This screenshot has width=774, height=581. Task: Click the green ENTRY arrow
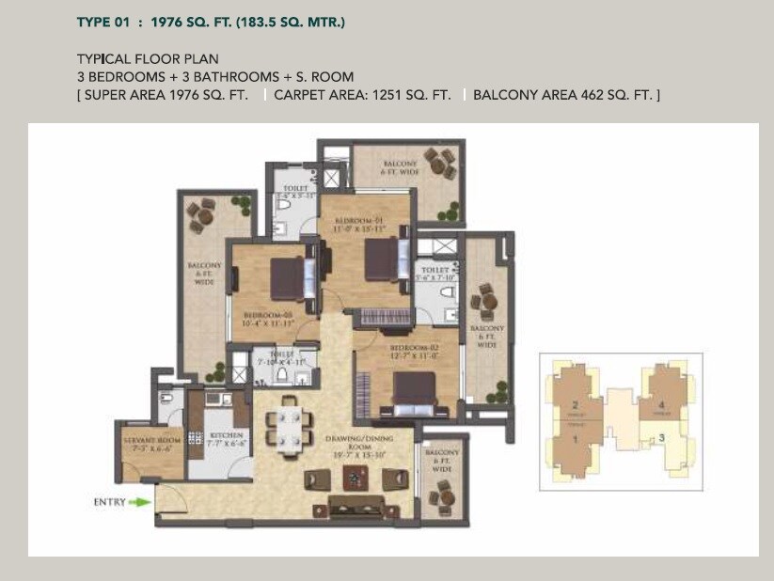(140, 502)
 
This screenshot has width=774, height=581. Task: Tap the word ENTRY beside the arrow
(110, 502)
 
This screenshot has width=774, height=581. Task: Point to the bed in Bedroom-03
(287, 277)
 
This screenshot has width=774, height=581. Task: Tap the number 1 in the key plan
(573, 438)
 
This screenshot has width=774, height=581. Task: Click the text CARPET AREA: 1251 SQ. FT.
(362, 95)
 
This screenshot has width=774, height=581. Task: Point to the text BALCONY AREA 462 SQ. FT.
(566, 95)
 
